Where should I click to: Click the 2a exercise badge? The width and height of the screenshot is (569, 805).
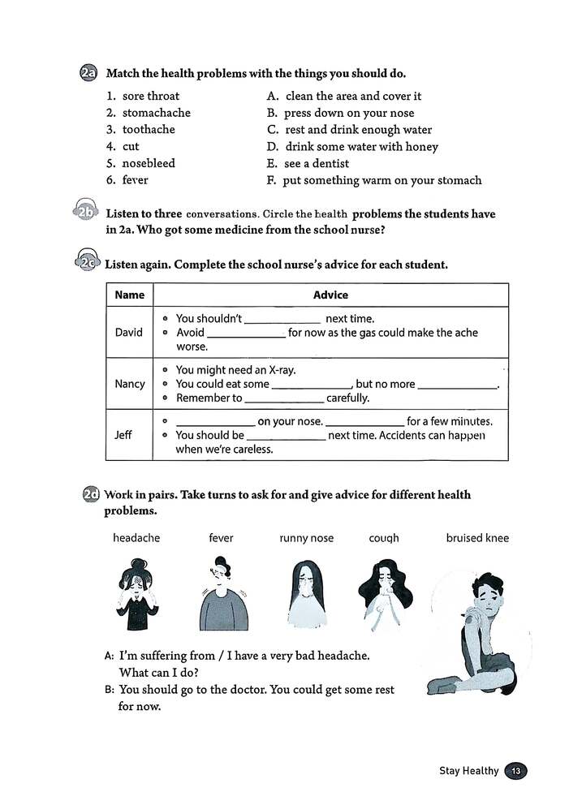[x=88, y=73]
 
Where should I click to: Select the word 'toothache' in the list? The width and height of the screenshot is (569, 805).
[x=149, y=129]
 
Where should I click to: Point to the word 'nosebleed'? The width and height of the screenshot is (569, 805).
[x=149, y=163]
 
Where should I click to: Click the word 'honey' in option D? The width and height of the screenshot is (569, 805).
[x=422, y=147]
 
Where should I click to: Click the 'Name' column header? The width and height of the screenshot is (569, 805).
[x=130, y=295]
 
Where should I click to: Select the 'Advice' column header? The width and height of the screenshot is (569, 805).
[x=330, y=295]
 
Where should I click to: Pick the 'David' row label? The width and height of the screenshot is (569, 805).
[x=129, y=332]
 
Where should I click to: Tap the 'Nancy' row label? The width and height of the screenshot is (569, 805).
[x=130, y=384]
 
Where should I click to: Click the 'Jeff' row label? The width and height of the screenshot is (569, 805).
[x=129, y=434]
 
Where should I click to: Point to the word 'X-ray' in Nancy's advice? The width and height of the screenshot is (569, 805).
[x=281, y=370]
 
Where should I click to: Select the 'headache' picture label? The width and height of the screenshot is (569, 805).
[x=136, y=538]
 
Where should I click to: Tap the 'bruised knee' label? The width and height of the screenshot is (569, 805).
[x=477, y=538]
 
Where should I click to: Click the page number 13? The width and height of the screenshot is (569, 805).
[x=516, y=771]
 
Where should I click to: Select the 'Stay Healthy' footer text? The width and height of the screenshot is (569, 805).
[x=468, y=771]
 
